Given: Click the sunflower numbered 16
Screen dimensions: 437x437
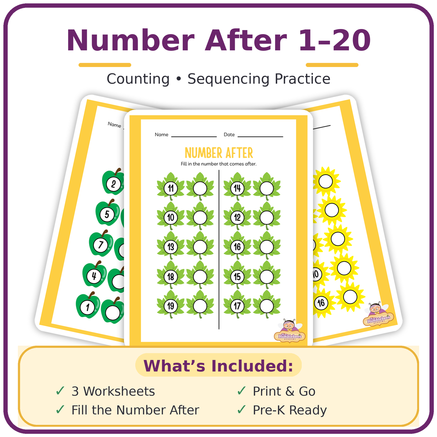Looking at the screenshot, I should point(321,303).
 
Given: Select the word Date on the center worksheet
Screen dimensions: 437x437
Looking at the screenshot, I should point(229,134).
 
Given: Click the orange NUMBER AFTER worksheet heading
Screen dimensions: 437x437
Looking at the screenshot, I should point(219,153).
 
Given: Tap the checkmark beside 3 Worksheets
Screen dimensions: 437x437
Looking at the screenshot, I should point(60,391).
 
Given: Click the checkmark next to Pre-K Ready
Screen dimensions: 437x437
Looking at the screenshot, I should point(241,410).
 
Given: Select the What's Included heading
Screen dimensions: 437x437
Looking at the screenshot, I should point(218,366).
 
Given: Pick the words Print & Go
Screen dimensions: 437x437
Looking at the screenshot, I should point(284,391).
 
